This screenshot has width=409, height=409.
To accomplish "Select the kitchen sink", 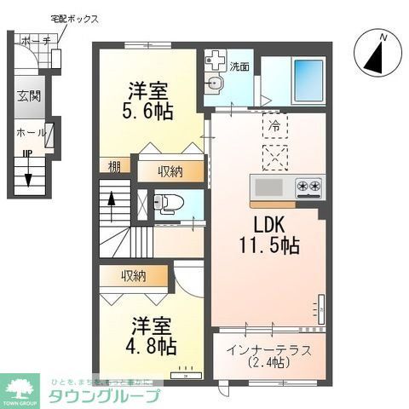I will tap(268, 187).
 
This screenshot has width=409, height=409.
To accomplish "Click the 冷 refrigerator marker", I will tap(274, 124).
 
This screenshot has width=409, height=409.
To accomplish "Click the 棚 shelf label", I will tap(113, 166).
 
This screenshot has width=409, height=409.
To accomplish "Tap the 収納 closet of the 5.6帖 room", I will tap(171, 171).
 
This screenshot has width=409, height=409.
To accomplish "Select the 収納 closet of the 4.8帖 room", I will tap(133, 275).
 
